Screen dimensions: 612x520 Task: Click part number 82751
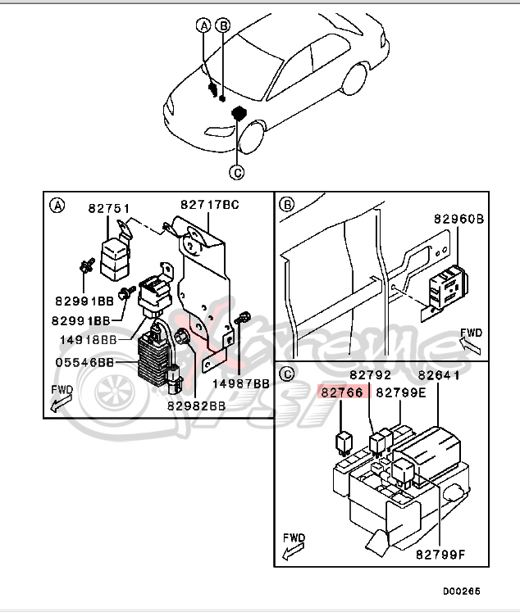(x=109, y=209)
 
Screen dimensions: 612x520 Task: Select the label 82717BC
(x=209, y=204)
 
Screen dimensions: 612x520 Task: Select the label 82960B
(x=458, y=220)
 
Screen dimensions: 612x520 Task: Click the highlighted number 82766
(x=342, y=392)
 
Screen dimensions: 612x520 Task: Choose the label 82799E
(x=401, y=392)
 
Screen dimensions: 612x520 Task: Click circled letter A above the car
(x=203, y=25)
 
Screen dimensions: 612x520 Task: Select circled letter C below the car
(x=236, y=172)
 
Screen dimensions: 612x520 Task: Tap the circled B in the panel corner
(x=286, y=204)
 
